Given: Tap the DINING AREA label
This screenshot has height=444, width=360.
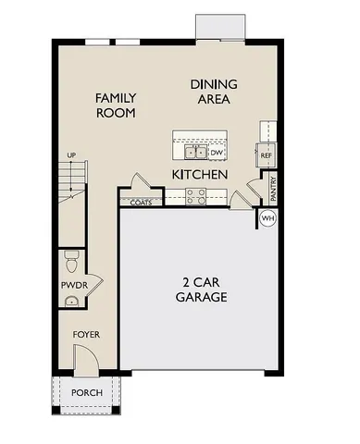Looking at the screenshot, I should (213, 91).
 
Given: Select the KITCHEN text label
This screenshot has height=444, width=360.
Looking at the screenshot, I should (200, 174).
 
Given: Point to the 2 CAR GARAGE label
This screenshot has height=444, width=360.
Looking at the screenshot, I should (201, 290).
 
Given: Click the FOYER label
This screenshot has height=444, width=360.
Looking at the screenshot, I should (88, 334).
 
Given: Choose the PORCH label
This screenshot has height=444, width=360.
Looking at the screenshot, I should (88, 393).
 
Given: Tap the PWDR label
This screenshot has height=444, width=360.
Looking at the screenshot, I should (74, 285).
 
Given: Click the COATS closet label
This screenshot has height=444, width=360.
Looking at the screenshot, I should (141, 201).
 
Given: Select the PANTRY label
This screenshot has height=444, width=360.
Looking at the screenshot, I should (273, 189).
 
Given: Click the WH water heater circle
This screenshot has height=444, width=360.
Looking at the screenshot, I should (268, 218).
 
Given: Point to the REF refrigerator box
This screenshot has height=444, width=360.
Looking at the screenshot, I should (267, 155).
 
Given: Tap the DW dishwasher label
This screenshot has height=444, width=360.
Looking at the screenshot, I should (217, 152).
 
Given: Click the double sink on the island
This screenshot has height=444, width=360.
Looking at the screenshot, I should (193, 152).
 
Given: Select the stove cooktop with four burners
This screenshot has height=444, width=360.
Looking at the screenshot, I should (195, 195).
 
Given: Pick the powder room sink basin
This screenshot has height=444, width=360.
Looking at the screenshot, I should (70, 301).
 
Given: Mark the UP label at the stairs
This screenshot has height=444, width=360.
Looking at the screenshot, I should (69, 154).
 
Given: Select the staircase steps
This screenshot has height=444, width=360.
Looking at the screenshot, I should (70, 185).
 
